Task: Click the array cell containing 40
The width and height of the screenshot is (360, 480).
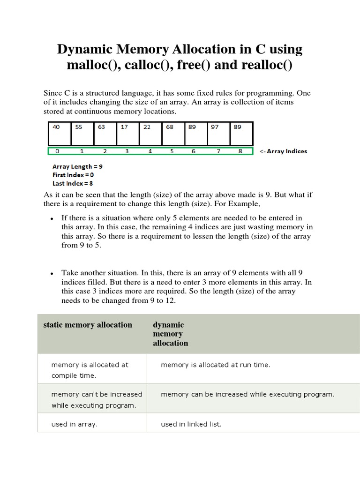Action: pyautogui.click(x=60, y=133)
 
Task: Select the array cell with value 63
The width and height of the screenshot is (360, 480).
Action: pyautogui.click(x=105, y=133)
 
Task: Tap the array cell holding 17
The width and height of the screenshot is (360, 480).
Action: pyautogui.click(x=128, y=133)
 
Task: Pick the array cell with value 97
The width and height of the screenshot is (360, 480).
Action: pyautogui.click(x=219, y=133)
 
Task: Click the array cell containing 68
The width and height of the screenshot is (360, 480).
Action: pyautogui.click(x=173, y=133)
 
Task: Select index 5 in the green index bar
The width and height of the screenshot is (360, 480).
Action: pyautogui.click(x=172, y=151)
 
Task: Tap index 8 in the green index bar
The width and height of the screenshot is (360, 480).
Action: pyautogui.click(x=240, y=151)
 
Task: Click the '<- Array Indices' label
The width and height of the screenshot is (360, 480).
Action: pyautogui.click(x=283, y=151)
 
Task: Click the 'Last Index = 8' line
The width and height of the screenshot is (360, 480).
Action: pyautogui.click(x=73, y=183)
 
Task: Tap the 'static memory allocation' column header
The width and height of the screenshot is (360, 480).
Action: pyautogui.click(x=88, y=325)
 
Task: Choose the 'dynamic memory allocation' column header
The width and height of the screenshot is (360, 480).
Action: pyautogui.click(x=170, y=334)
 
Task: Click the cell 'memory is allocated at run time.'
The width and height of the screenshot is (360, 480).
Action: pyautogui.click(x=215, y=365)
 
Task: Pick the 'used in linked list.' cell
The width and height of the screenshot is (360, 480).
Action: pyautogui.click(x=191, y=424)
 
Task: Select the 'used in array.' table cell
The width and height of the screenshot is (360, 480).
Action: pyautogui.click(x=74, y=424)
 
